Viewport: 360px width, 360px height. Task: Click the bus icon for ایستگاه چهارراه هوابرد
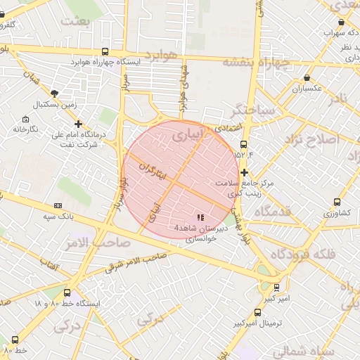(x=105, y=51)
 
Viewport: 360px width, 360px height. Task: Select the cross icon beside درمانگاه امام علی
(x=78, y=124)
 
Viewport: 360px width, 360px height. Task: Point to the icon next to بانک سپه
(x=58, y=205)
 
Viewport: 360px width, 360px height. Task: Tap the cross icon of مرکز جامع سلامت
(x=244, y=172)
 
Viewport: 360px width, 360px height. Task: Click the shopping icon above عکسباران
(x=307, y=78)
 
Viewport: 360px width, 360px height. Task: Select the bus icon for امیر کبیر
(x=276, y=287)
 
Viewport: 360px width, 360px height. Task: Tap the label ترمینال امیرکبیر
(x=258, y=323)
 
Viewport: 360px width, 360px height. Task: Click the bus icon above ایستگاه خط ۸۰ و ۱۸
(x=67, y=292)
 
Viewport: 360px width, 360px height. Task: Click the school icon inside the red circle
(x=200, y=217)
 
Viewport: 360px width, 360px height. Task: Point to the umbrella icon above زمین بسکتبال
(x=55, y=92)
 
